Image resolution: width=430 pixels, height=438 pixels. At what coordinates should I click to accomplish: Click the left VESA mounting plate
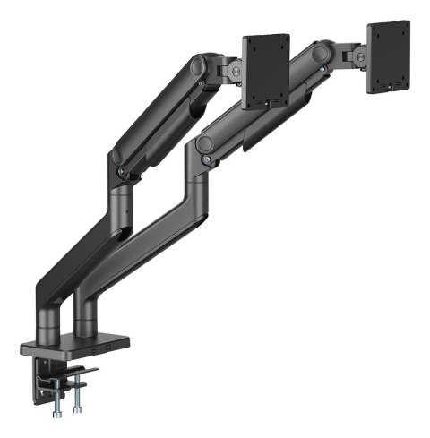tap(265, 70)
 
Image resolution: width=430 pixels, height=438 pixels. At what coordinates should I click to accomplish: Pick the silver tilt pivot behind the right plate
tap(360, 56)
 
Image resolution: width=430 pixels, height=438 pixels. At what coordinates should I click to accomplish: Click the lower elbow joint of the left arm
tap(117, 158)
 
